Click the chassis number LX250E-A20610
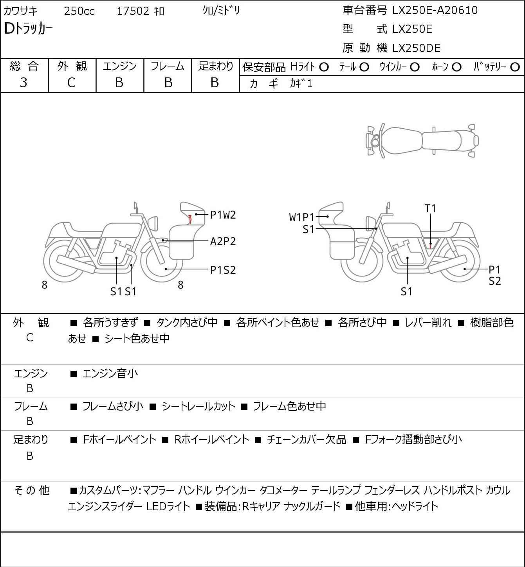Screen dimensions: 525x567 435,10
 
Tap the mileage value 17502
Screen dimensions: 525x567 133,11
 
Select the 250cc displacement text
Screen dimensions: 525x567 79,11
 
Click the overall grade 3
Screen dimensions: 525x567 23,83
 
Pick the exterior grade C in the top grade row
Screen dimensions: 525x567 72,83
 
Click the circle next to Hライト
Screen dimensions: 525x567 324,67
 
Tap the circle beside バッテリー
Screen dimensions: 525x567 515,67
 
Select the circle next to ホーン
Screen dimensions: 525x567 456,67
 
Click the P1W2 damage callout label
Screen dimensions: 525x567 223,215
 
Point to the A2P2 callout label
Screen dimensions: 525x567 223,242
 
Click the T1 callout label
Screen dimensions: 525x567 430,208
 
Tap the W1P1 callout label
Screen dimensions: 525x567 301,217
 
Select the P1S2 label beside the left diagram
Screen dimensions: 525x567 223,270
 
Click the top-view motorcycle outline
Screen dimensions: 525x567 422,140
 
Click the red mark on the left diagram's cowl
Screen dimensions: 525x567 189,219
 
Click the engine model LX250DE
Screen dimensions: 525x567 416,48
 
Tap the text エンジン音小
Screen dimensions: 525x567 110,373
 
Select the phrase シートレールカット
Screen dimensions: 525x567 198,406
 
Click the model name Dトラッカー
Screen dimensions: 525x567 28,29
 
